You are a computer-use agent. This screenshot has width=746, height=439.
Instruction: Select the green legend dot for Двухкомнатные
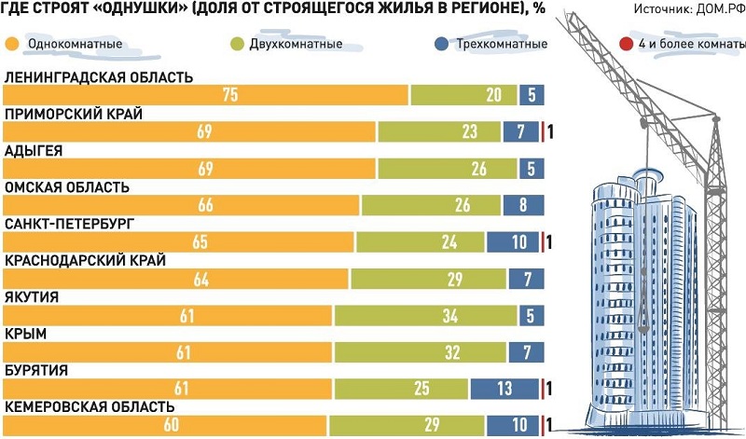pos(236,44)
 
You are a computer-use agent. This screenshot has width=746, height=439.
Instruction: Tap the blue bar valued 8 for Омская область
pos(523,205)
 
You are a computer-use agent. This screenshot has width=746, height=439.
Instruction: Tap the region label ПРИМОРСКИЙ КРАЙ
pos(73,114)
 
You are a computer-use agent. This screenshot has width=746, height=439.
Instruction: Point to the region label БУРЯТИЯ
pos(36,370)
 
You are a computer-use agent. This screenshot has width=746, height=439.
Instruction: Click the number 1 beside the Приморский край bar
pos(552,131)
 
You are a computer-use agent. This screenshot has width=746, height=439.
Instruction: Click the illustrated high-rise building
pos(634,298)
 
